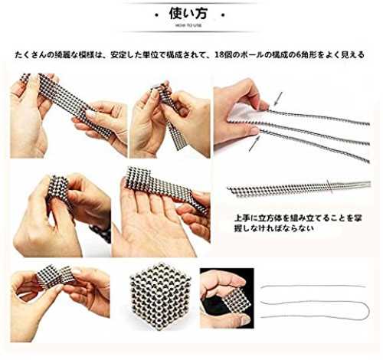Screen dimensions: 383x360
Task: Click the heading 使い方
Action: pyautogui.click(x=188, y=14)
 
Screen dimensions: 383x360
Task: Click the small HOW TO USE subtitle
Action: pyautogui.click(x=188, y=25)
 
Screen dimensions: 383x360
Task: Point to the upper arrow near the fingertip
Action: pyautogui.click(x=278, y=99)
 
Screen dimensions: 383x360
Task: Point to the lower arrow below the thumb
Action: pyautogui.click(x=254, y=144)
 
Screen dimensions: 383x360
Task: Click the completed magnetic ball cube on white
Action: pyautogui.click(x=161, y=296)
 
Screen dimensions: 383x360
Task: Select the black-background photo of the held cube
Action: pyautogui.click(x=227, y=298)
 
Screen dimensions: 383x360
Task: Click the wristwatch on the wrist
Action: pyautogui.click(x=102, y=232)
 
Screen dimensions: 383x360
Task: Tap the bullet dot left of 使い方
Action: pyautogui.click(x=156, y=15)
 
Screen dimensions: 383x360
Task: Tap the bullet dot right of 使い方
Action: pyautogui.click(x=223, y=15)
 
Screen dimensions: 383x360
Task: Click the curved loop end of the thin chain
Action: pyautogui.click(x=367, y=309)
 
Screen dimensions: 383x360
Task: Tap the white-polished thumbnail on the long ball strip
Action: pyautogui.click(x=91, y=114)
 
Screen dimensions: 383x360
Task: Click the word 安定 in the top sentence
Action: pyautogui.click(x=116, y=54)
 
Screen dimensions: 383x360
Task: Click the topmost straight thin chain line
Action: pyautogui.click(x=313, y=286)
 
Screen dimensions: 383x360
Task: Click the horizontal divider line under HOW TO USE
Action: pyautogui.click(x=188, y=32)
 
